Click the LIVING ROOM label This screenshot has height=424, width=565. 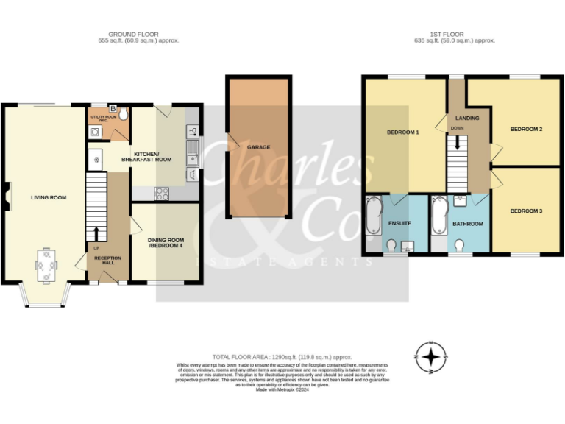tap(49, 197)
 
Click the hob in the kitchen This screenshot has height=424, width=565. tap(161, 194)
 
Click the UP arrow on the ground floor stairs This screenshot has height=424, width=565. tap(96, 233)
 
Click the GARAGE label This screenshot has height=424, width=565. tap(258, 147)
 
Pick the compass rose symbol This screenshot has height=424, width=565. tap(432, 358)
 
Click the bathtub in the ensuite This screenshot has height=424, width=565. tap(373, 216)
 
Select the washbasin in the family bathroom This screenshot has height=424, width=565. tap(461, 201)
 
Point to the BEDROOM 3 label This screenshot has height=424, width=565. tap(526, 211)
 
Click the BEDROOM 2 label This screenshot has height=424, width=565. tap(526, 130)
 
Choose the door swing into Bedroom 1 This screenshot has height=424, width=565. tap(440, 124)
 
